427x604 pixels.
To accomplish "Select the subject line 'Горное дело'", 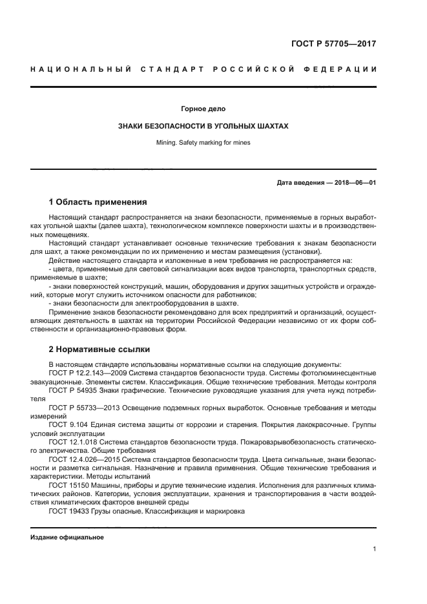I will pos(203,109).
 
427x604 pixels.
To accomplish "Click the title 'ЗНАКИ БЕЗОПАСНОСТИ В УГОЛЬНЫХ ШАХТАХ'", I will pos(203,127).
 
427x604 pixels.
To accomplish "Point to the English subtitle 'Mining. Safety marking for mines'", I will pos(203,143).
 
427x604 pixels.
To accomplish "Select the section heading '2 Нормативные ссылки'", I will pos(99,349).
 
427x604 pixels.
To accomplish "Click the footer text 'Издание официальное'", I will pos(67,537).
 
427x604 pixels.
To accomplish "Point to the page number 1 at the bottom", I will pos(374,549).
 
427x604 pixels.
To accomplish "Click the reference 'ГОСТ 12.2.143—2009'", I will pos(88,373).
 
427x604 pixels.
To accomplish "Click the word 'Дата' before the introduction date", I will pos(287,183).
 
